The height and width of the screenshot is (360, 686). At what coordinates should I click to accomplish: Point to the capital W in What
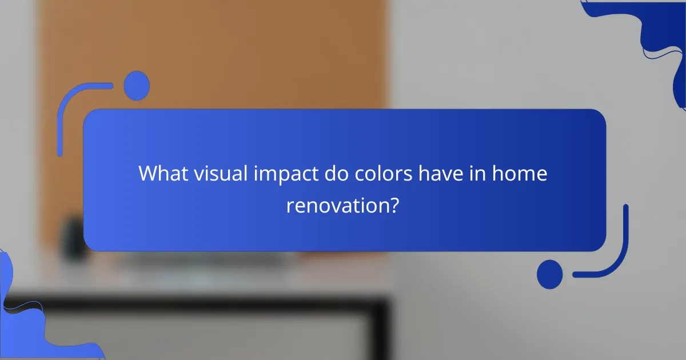[147, 174]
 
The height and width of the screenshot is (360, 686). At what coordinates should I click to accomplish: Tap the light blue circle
[137, 86]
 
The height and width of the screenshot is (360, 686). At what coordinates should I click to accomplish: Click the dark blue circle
[549, 274]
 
